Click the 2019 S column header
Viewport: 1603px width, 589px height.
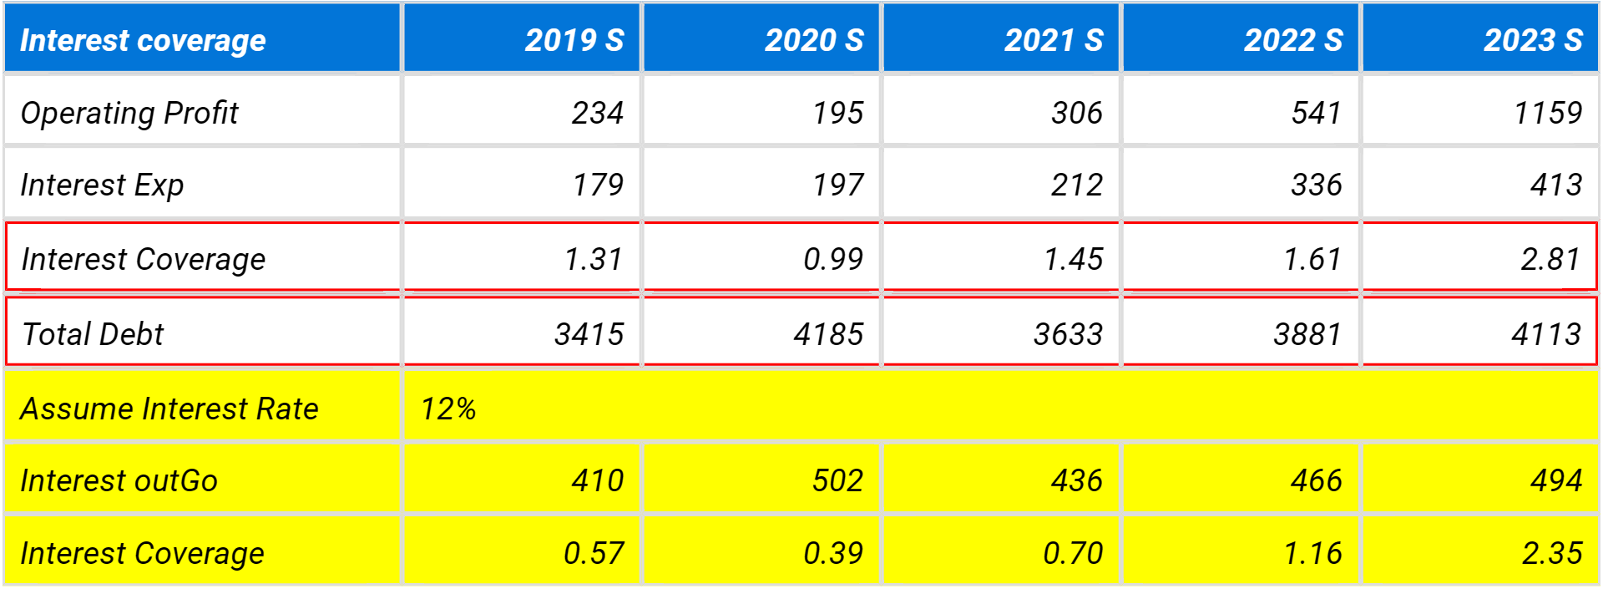[x=574, y=40]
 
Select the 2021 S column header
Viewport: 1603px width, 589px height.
[x=1053, y=40]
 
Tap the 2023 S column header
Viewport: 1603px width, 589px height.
[x=1532, y=40]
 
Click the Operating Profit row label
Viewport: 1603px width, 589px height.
[x=129, y=113]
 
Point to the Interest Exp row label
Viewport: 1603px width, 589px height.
[x=102, y=185]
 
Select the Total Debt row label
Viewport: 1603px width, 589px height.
[x=93, y=334]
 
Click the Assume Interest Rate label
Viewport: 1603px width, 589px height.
[x=169, y=409]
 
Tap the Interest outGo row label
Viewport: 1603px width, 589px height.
[x=119, y=481]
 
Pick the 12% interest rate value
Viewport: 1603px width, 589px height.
[x=448, y=409]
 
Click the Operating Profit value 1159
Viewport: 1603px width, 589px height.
[x=1548, y=113]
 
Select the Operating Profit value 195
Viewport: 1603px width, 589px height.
[x=838, y=113]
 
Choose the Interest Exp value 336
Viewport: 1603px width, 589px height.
[x=1317, y=185]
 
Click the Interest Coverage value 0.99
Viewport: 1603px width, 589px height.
[x=833, y=259]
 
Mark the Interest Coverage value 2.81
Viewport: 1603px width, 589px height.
[x=1550, y=259]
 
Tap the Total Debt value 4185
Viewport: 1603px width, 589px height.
[x=828, y=334]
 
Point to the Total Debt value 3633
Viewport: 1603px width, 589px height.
[x=1068, y=334]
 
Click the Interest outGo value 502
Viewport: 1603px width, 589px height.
[x=838, y=481]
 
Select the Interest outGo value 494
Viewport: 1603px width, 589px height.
[x=1556, y=481]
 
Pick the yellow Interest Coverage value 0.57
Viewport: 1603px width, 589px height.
[x=594, y=553]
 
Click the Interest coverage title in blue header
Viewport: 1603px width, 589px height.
[x=143, y=40]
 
